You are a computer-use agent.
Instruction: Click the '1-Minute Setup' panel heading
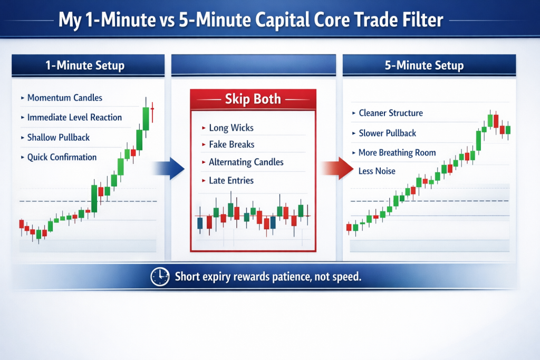(85, 65)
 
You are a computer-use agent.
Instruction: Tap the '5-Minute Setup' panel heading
(425, 65)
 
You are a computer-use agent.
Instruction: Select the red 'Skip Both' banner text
(253, 99)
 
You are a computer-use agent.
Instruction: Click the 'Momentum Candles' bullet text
(65, 98)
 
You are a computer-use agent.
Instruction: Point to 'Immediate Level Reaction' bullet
(74, 118)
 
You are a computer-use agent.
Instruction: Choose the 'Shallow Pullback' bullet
(59, 138)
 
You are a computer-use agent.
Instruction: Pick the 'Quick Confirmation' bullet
(62, 157)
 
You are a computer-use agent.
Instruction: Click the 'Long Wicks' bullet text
(231, 128)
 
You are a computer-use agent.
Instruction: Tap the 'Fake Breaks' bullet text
(232, 144)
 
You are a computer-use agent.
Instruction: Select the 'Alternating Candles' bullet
(246, 162)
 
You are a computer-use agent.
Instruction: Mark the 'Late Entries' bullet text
(231, 180)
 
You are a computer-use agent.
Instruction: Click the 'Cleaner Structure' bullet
(391, 113)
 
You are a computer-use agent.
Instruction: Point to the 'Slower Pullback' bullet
(388, 133)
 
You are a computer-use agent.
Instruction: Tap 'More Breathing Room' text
(397, 152)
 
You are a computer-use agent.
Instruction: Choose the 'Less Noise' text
(377, 171)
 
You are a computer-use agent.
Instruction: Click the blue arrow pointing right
(169, 169)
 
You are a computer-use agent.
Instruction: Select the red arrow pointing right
(337, 168)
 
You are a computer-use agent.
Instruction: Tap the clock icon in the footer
(160, 276)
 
